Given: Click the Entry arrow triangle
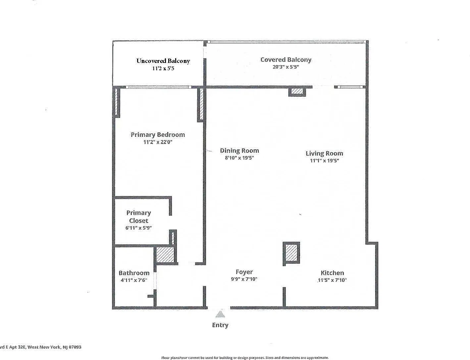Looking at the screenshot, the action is click(x=220, y=314).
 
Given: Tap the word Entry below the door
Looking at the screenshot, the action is click(x=220, y=325).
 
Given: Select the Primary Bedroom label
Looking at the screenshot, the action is click(x=158, y=135).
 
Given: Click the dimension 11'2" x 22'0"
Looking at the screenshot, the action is click(x=158, y=142).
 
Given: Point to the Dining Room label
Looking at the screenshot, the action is click(x=239, y=151).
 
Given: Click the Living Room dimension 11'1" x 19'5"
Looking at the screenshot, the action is click(x=324, y=160).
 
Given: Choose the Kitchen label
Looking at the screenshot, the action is click(x=332, y=273).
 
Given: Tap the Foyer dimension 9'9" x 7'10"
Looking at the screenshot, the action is click(x=244, y=279).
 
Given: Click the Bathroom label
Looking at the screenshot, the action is click(x=134, y=273).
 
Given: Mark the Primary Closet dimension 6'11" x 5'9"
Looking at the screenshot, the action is click(x=138, y=228).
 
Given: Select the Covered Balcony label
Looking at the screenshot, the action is click(x=286, y=60).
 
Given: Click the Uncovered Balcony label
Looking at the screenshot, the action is click(x=163, y=61).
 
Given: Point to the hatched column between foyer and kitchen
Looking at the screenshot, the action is click(x=291, y=253).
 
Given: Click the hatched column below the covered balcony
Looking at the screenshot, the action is click(x=297, y=91).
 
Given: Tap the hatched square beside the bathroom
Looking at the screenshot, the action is click(x=165, y=255).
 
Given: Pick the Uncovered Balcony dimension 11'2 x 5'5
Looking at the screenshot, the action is click(x=163, y=69).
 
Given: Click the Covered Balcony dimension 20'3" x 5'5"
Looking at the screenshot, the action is click(x=286, y=67).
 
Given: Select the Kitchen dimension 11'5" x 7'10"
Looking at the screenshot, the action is click(x=332, y=280).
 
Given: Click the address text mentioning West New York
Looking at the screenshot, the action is click(x=41, y=347).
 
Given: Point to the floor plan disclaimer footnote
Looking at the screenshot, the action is click(x=245, y=358).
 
